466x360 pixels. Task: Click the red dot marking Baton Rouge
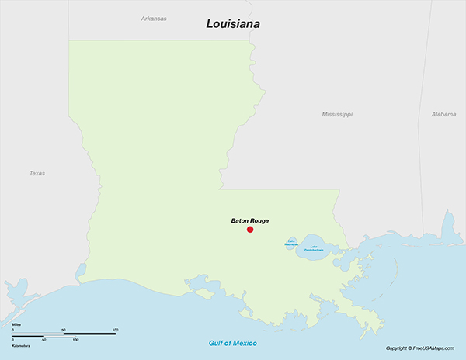[x=250, y=230]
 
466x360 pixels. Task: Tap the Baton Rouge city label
[x=250, y=220]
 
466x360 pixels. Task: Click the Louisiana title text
[x=233, y=24]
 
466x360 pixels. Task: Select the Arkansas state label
[x=154, y=18]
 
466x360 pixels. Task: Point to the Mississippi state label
[x=337, y=114]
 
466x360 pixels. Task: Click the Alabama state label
[x=443, y=114]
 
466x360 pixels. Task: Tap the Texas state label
[x=37, y=173]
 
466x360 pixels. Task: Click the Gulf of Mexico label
[x=233, y=343]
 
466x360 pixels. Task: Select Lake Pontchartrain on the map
[x=317, y=246]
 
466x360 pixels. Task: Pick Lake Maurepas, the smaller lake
[x=291, y=243]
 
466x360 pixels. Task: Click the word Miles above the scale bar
[x=16, y=324]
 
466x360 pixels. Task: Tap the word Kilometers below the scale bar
[x=21, y=344]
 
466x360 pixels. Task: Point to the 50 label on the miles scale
[x=64, y=330]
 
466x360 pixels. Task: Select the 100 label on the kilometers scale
[x=75, y=340]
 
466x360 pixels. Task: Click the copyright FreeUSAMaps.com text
[x=423, y=348]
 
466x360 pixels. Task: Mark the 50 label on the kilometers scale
[x=43, y=340]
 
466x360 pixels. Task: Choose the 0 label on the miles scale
[x=13, y=330]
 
